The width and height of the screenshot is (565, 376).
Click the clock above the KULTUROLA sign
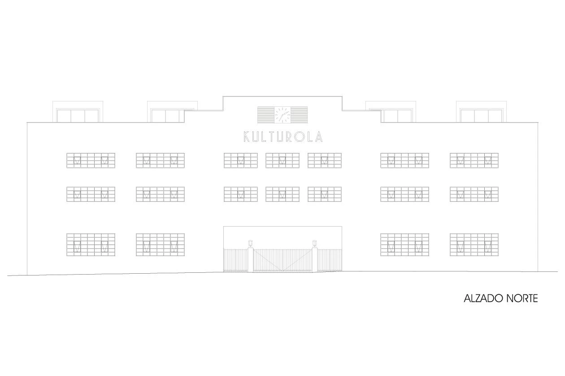tap(282, 115)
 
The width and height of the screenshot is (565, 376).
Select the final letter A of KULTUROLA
tap(318, 136)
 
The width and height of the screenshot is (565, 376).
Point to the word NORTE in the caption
tap(522, 298)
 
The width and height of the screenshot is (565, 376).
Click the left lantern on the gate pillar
tap(250, 244)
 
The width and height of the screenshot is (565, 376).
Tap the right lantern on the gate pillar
tap(315, 244)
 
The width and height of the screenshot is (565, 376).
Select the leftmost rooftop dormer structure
tap(78, 113)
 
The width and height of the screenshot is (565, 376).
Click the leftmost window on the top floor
tap(91, 161)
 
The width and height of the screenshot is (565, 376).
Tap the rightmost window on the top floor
tap(474, 161)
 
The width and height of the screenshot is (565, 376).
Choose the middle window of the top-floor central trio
tap(282, 161)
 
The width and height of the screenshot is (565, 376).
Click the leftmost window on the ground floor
tap(91, 245)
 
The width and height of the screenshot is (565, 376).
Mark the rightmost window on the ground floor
tap(474, 245)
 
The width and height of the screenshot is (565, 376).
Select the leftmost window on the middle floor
tap(91, 194)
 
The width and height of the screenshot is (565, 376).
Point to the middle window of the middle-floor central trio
tap(282, 194)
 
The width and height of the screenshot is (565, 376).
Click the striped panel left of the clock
tap(265, 115)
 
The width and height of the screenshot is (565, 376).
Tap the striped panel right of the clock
tap(299, 115)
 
